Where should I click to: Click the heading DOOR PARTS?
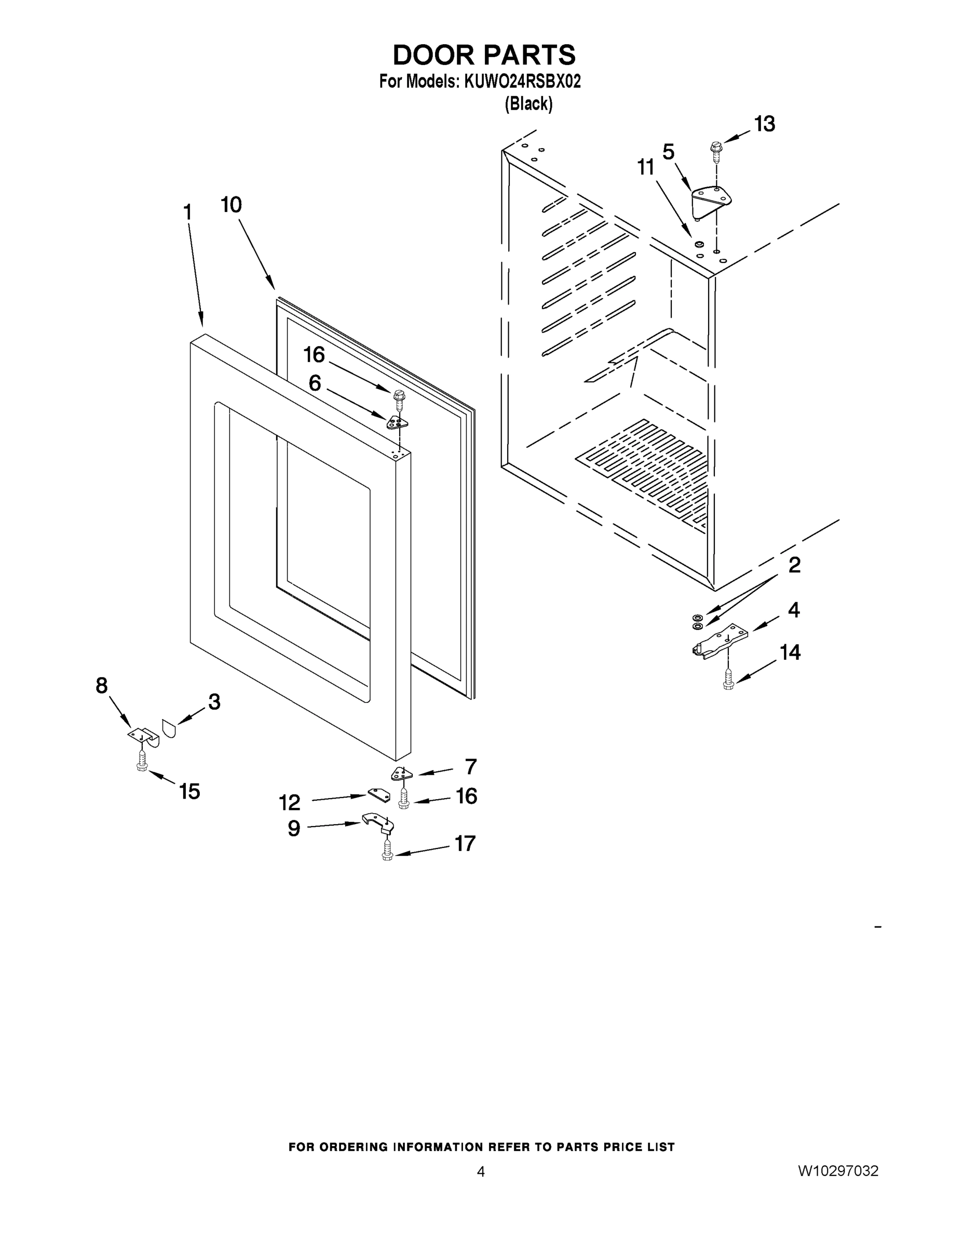484,56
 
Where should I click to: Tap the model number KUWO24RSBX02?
522,82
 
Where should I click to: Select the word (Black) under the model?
528,104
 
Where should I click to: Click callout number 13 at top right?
765,124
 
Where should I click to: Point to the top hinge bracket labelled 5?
710,201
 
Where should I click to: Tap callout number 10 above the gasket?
231,204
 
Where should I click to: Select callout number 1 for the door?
187,213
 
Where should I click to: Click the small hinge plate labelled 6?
398,422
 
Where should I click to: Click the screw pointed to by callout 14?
728,680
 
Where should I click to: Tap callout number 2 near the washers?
794,565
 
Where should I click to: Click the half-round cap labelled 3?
169,728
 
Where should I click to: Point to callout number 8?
102,685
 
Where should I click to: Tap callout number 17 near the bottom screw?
465,843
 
